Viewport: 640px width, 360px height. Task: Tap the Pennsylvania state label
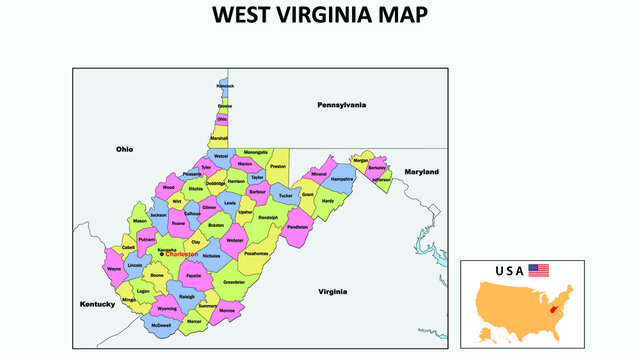[x=342, y=105]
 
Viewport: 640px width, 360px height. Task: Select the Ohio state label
[x=124, y=149]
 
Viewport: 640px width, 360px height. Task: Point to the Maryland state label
[x=421, y=172]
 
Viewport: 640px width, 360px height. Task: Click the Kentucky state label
[x=98, y=302]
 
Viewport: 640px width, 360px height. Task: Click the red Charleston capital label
[x=182, y=255]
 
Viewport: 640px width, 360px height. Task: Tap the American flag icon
[x=539, y=270]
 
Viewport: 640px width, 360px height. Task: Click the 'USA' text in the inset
[x=509, y=271]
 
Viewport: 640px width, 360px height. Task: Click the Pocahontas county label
[x=256, y=254]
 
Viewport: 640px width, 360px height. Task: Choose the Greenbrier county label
[x=234, y=282]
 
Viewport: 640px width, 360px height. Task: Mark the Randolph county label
[x=268, y=216]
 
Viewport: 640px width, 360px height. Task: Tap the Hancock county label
[x=225, y=86]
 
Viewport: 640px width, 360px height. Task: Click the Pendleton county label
[x=297, y=227]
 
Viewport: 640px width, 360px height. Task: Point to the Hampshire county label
[x=342, y=179]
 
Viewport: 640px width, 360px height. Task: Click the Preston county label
[x=278, y=166]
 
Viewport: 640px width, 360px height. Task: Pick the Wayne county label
[x=114, y=269]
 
